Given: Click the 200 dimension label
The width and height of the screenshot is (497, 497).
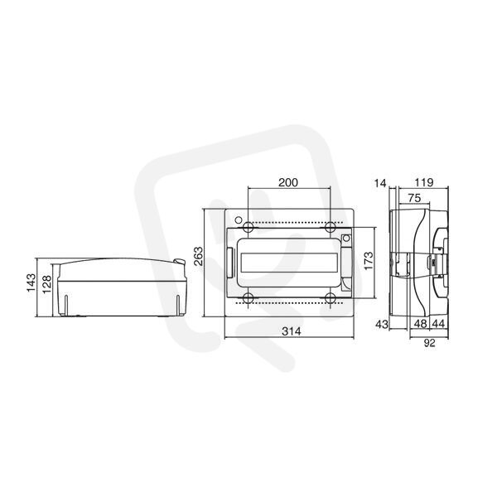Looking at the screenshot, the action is point(288,182).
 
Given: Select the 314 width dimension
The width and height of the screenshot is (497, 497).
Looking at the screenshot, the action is point(292,331).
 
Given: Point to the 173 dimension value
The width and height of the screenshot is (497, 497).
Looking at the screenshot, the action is point(369,261).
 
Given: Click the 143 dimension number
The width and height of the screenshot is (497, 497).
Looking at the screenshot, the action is point(31,282).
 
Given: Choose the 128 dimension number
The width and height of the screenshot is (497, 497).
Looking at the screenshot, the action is point(46,285).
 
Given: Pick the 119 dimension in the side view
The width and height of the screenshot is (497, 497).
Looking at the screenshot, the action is point(424,182).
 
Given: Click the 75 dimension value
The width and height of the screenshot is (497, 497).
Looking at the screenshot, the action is point(414,198).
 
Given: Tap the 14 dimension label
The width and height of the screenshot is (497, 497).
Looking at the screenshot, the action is point(380,183).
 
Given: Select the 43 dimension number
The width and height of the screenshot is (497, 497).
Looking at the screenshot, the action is point(382,324).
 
